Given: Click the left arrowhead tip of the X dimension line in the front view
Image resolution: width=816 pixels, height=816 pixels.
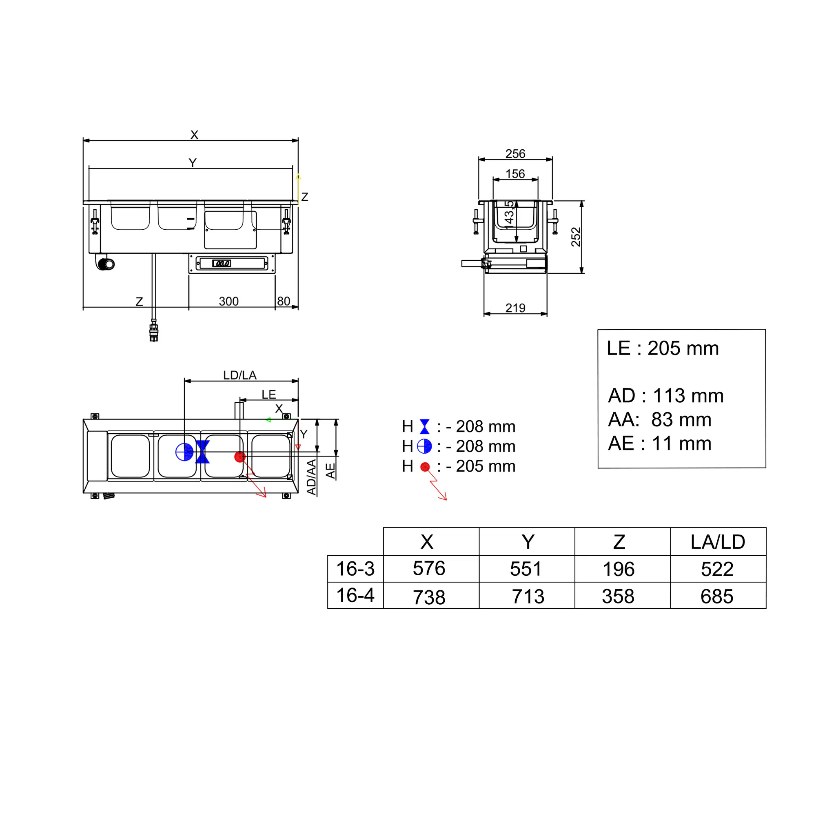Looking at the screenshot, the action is [x=84, y=141].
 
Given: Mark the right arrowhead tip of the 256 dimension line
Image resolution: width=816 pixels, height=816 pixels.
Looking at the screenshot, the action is [x=552, y=160].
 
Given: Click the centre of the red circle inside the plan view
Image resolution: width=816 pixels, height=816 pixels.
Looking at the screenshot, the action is [x=240, y=457].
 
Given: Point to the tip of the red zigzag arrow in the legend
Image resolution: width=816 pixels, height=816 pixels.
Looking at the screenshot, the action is [x=446, y=500].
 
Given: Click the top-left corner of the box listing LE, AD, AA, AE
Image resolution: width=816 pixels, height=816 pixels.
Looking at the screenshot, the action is [x=598, y=329].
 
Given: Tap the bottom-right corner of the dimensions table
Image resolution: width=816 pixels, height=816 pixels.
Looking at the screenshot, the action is [x=766, y=608].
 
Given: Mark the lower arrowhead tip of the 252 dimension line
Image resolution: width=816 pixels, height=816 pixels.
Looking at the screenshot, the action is [x=581, y=273].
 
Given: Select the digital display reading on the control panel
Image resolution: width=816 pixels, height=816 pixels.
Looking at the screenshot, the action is [x=221, y=264].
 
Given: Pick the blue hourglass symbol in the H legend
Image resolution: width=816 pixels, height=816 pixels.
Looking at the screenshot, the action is [x=424, y=427].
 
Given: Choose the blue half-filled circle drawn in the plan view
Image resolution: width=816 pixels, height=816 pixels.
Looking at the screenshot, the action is [x=184, y=452].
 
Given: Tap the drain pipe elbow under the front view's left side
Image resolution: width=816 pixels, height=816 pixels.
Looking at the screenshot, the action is [x=106, y=263].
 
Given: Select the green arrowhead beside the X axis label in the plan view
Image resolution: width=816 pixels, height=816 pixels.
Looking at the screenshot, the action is [x=268, y=420].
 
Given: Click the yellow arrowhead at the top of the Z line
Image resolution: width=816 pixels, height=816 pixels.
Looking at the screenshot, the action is [x=298, y=176].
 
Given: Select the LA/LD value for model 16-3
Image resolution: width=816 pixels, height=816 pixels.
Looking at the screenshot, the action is [x=717, y=569].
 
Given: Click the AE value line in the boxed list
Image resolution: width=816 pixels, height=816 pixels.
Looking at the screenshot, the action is [x=660, y=443].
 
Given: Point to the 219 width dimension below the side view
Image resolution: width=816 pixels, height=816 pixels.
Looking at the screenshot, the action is [x=515, y=308].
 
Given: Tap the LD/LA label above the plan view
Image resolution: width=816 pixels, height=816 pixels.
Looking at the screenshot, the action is [x=240, y=375].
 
